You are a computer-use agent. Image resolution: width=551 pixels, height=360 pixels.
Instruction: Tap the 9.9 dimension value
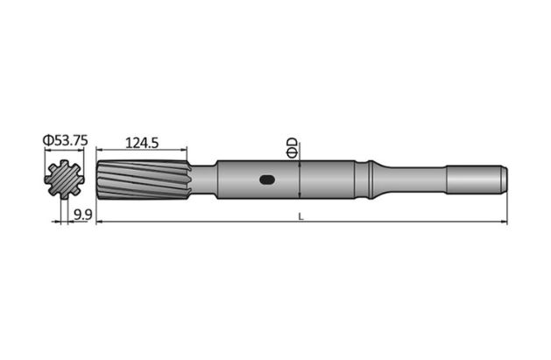click(x=83, y=214)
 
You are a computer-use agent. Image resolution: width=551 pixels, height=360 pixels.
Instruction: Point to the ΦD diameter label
click(x=293, y=149)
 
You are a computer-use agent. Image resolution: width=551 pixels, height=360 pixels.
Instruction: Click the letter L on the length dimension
click(x=300, y=216)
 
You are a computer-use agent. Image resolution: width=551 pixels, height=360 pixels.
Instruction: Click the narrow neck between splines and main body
click(x=201, y=180)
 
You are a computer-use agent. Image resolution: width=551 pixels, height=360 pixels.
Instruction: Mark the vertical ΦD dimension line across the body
click(x=300, y=180)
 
